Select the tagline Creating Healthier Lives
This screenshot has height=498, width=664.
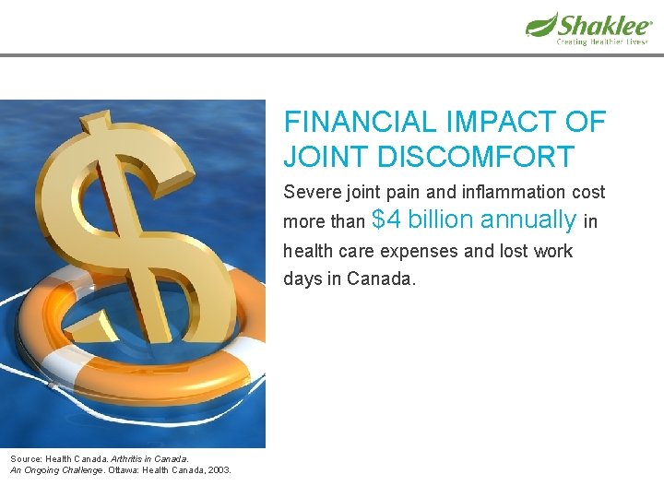[601, 41]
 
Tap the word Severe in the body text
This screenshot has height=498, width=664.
[311, 193]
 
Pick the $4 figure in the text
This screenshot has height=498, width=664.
[386, 219]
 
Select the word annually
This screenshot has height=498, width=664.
[528, 220]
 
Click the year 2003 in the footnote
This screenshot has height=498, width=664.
[219, 470]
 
